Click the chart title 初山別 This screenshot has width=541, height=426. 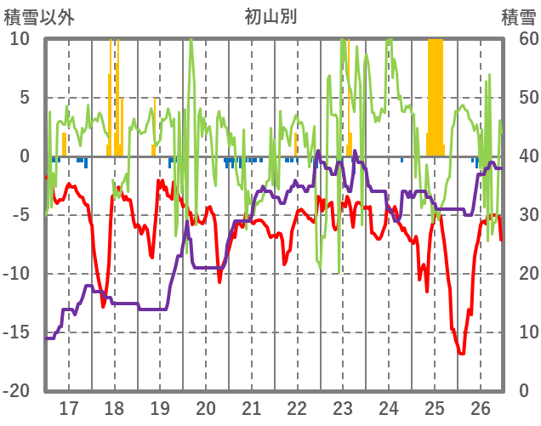[270, 17]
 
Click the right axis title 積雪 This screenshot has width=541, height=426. [517, 17]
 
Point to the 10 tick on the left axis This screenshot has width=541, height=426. [20, 39]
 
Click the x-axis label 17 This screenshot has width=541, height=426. [69, 406]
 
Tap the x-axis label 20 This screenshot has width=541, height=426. [206, 406]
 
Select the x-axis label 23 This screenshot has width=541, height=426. [343, 406]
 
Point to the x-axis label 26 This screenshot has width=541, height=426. [480, 406]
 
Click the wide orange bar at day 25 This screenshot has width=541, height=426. [436, 94]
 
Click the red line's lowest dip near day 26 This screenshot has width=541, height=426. [461, 352]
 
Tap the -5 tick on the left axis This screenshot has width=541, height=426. [20, 215]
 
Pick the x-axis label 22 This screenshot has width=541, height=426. [297, 406]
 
